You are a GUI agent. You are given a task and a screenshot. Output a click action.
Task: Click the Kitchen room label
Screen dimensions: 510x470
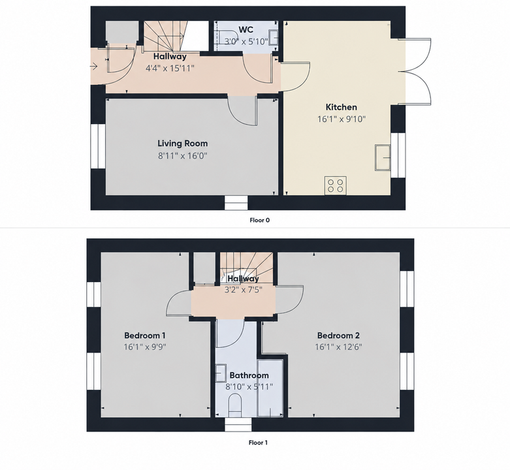coord(341,107)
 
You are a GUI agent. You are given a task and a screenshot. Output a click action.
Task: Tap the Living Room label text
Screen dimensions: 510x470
coord(182,144)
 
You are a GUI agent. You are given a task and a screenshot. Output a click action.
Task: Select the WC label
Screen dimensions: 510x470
coord(246,29)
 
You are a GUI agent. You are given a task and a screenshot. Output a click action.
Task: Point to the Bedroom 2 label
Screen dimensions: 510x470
coord(338,335)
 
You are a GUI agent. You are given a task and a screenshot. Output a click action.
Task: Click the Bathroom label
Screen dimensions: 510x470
coord(249,375)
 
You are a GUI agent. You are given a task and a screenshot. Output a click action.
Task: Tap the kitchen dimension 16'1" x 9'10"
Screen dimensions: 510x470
coord(342,119)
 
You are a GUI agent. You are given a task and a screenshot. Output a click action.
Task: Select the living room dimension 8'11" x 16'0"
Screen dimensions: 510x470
coord(182,156)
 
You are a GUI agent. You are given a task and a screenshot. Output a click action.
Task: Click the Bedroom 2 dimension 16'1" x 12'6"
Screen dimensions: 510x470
coord(338,347)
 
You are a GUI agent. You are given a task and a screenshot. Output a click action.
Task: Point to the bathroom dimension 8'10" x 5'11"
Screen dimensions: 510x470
coord(249,387)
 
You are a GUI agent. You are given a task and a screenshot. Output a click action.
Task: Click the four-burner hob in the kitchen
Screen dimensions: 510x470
coord(336,185)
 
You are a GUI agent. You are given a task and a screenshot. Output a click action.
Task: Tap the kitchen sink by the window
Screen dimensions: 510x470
coord(383,157)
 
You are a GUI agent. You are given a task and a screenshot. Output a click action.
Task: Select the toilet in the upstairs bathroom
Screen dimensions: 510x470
coord(234,405)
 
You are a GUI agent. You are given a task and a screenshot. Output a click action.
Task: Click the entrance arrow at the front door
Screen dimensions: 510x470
coord(93,67)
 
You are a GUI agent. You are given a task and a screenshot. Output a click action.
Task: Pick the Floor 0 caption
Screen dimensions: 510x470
coord(259,220)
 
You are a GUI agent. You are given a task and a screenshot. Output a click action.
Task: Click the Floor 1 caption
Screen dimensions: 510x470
coord(258,443)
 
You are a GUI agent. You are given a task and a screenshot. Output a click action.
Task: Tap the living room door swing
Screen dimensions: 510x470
coord(242,110)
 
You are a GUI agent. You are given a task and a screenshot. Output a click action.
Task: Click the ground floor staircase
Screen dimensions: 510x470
coord(165,36)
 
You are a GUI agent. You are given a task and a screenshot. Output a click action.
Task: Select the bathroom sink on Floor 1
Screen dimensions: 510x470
coord(221,373)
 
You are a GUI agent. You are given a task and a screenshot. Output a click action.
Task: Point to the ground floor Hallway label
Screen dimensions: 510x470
coord(170,56)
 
